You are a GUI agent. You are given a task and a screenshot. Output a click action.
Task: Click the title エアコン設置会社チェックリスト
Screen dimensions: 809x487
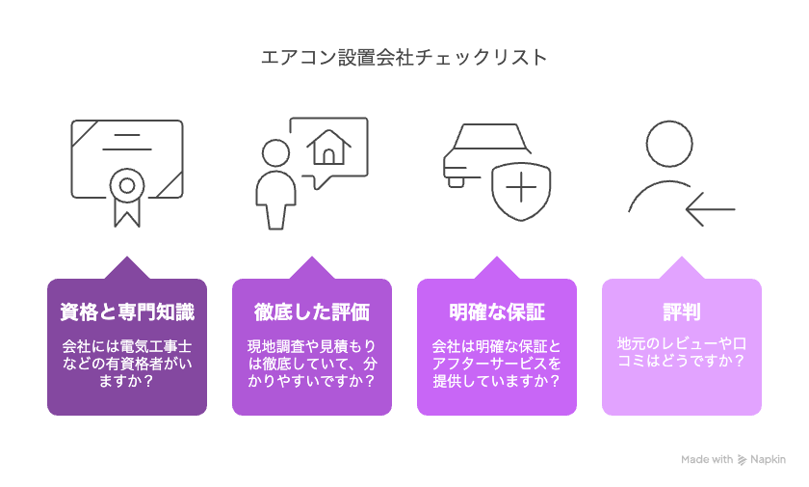pyautogui.click(x=404, y=57)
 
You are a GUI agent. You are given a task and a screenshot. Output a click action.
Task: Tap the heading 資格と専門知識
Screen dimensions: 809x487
pyautogui.click(x=127, y=311)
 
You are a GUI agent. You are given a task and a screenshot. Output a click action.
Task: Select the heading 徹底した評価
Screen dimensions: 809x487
pyautogui.click(x=312, y=311)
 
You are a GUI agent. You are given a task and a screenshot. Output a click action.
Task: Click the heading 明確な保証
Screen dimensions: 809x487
pyautogui.click(x=497, y=311)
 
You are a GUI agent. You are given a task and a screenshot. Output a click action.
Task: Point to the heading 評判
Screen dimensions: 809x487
pyautogui.click(x=682, y=311)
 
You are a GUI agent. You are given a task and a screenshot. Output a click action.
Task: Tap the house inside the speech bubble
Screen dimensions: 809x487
pyautogui.click(x=328, y=148)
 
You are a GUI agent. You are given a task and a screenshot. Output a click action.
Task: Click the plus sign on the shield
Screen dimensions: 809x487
pyautogui.click(x=521, y=187)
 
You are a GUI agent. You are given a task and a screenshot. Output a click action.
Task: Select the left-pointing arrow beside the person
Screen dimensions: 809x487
pyautogui.click(x=711, y=209)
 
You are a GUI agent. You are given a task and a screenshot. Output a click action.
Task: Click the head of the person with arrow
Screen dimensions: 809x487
pyautogui.click(x=669, y=144)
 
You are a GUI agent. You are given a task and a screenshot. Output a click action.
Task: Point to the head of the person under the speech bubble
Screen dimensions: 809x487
pyautogui.click(x=275, y=153)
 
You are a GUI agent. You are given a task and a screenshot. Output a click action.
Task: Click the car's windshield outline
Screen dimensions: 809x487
pyautogui.click(x=491, y=137)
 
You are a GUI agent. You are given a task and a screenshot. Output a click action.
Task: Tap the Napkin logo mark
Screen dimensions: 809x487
pyautogui.click(x=742, y=460)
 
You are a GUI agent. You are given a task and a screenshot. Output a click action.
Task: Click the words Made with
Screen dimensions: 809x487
pyautogui.click(x=706, y=459)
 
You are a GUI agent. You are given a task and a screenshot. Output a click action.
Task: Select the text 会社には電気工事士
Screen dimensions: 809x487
pyautogui.click(x=127, y=346)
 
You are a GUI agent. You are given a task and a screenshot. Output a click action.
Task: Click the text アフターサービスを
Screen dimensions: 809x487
pyautogui.click(x=496, y=364)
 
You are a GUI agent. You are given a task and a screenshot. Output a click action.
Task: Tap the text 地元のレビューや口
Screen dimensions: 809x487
pyautogui.click(x=682, y=343)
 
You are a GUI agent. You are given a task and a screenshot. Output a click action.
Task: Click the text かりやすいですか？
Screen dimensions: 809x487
pyautogui.click(x=312, y=381)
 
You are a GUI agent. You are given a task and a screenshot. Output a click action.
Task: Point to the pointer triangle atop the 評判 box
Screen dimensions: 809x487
pyautogui.click(x=682, y=267)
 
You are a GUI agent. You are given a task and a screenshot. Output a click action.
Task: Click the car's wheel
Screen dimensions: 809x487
pyautogui.click(x=457, y=182)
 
